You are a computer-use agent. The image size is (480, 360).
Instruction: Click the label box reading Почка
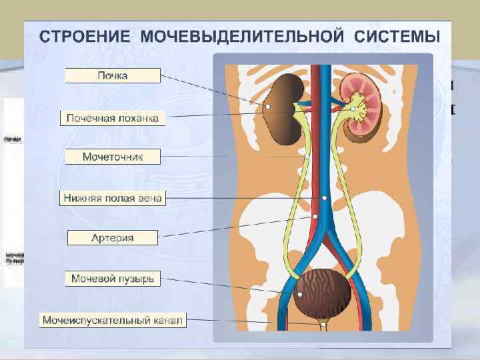[113, 76]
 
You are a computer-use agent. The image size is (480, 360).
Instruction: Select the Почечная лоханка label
[113, 119]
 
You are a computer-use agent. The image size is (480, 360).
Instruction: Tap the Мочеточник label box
[113, 157]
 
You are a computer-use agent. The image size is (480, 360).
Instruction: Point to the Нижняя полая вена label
[113, 198]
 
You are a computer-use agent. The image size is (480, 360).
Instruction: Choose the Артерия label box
[113, 237]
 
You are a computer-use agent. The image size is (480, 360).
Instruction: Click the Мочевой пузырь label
[113, 279]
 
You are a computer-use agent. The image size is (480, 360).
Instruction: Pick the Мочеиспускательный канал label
[113, 321]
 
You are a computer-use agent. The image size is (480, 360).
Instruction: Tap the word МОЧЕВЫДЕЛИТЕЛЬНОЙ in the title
[241, 35]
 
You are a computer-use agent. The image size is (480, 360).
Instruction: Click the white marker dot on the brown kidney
[267, 106]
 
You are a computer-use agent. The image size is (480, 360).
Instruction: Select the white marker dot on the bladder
[300, 294]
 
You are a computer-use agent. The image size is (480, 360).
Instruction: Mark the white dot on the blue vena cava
[324, 197]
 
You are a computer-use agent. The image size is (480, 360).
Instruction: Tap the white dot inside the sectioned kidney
[353, 108]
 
